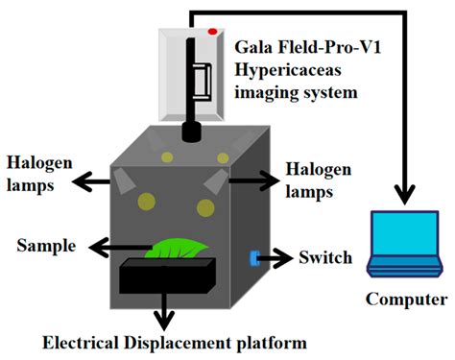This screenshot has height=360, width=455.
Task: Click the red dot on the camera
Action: pos(213,32)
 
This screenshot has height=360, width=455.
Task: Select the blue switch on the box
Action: pos(254,257)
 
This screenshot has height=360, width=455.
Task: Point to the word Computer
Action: pos(406,300)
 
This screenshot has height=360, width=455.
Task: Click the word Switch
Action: pos(324,257)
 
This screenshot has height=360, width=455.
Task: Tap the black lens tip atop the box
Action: pos(190,132)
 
